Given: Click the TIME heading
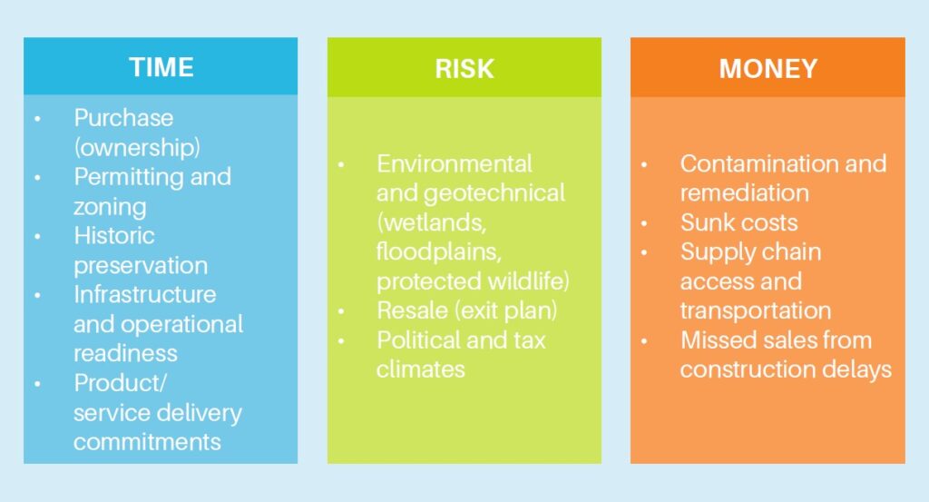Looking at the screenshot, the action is click(161, 67).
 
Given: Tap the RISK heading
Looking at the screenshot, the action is click(464, 69).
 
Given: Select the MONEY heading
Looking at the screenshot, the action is click(768, 69).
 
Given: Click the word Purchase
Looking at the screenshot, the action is click(123, 118).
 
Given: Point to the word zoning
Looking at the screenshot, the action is click(110, 207).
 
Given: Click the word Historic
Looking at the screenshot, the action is click(114, 236).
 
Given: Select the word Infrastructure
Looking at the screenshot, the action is click(145, 294).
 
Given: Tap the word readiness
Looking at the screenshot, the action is click(125, 354).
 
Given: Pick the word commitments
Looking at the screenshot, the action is click(147, 442).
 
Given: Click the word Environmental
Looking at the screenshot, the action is click(455, 163).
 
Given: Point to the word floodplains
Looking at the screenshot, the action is click(439, 251).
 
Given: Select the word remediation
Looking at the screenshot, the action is click(744, 193).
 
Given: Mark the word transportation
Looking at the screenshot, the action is click(756, 310).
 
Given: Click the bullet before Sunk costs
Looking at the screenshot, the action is click(644, 223).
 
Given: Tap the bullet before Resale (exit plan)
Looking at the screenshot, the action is click(341, 311).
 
